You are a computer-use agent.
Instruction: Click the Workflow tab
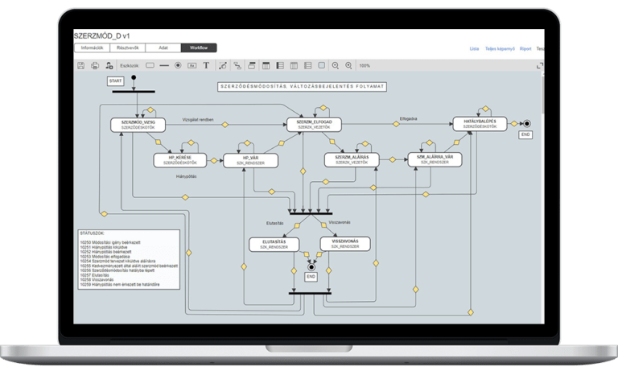[199, 48]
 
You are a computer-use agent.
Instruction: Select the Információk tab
[92, 48]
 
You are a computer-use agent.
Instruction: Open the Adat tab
[163, 48]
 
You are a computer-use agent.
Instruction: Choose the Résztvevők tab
[128, 48]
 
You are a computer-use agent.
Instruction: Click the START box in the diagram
[115, 80]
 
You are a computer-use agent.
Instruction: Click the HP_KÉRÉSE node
[180, 160]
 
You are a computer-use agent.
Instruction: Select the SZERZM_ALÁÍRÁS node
[352, 159]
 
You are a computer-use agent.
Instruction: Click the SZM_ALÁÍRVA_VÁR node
[435, 159]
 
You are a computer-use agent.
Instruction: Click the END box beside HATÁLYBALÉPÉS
[525, 135]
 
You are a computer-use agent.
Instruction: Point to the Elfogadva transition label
[408, 118]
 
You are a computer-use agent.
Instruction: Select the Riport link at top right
[525, 49]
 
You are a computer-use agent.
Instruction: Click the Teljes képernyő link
[499, 49]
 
